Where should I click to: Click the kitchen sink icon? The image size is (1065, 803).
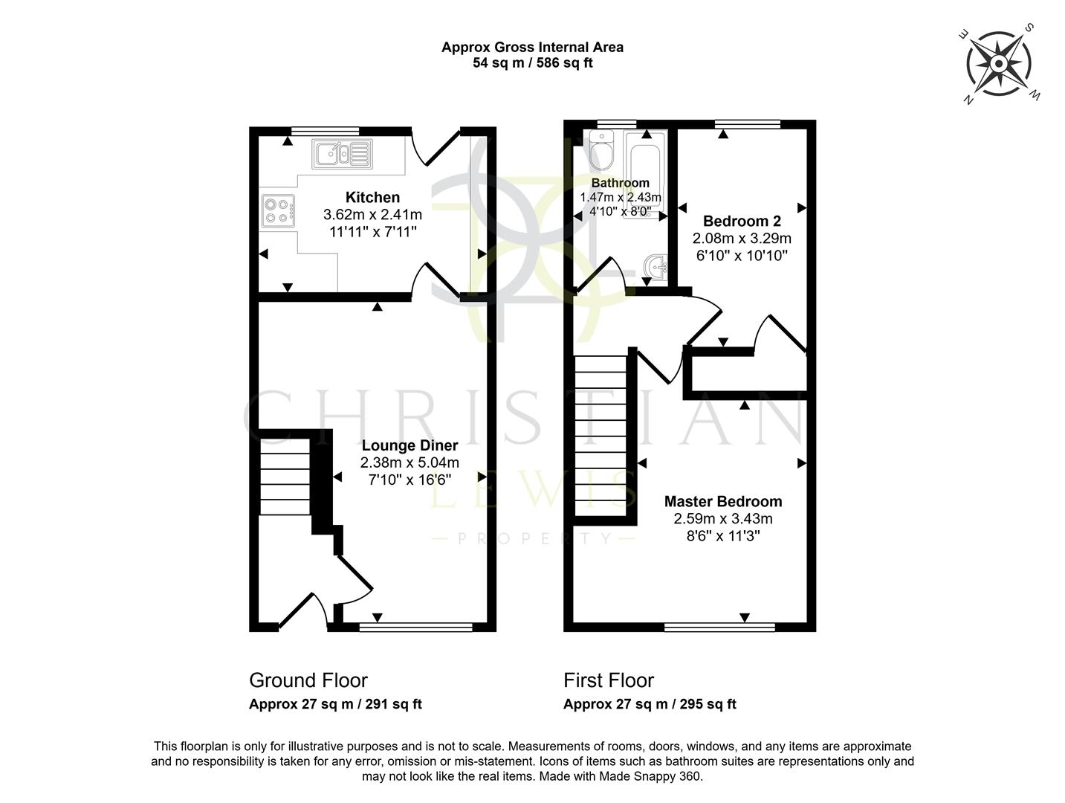pyautogui.click(x=343, y=154)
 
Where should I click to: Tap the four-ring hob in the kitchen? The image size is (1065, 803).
pyautogui.click(x=278, y=209)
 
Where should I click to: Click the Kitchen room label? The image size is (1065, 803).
pyautogui.click(x=372, y=197)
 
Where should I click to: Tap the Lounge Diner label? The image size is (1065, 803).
pyautogui.click(x=410, y=445)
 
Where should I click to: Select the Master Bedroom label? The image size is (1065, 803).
pyautogui.click(x=722, y=502)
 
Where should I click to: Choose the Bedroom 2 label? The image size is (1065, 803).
pyautogui.click(x=742, y=221)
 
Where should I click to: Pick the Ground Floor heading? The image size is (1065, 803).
pyautogui.click(x=308, y=680)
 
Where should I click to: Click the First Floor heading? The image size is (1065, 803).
pyautogui.click(x=609, y=680)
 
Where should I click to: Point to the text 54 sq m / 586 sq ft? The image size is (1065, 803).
pyautogui.click(x=532, y=63)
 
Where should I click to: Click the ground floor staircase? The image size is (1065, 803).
pyautogui.click(x=285, y=477)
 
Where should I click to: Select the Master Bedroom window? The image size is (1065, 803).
pyautogui.click(x=719, y=628)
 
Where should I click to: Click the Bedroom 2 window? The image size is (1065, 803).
pyautogui.click(x=748, y=123)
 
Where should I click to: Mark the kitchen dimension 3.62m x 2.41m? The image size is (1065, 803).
pyautogui.click(x=372, y=215)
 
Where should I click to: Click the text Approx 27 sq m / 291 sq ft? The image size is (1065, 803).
pyautogui.click(x=335, y=704)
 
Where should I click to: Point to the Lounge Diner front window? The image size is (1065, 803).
pyautogui.click(x=415, y=628)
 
